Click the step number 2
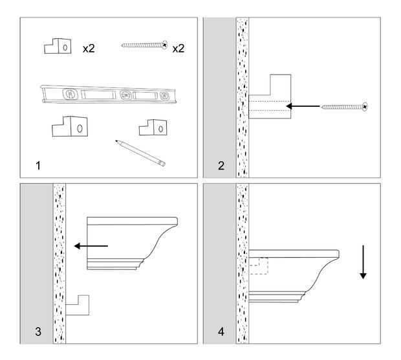pyautogui.click(x=221, y=166)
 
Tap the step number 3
pyautogui.click(x=39, y=333)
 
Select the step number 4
pyautogui.click(x=221, y=333)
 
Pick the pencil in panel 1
pyautogui.click(x=140, y=153)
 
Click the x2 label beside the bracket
pyautogui.click(x=89, y=49)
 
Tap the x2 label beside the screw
pyautogui.click(x=179, y=49)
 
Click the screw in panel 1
pyautogui.click(x=144, y=45)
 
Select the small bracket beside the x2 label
pyautogui.click(x=58, y=45)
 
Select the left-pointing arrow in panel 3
pyautogui.click(x=90, y=246)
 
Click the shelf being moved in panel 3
pyautogui.click(x=129, y=243)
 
